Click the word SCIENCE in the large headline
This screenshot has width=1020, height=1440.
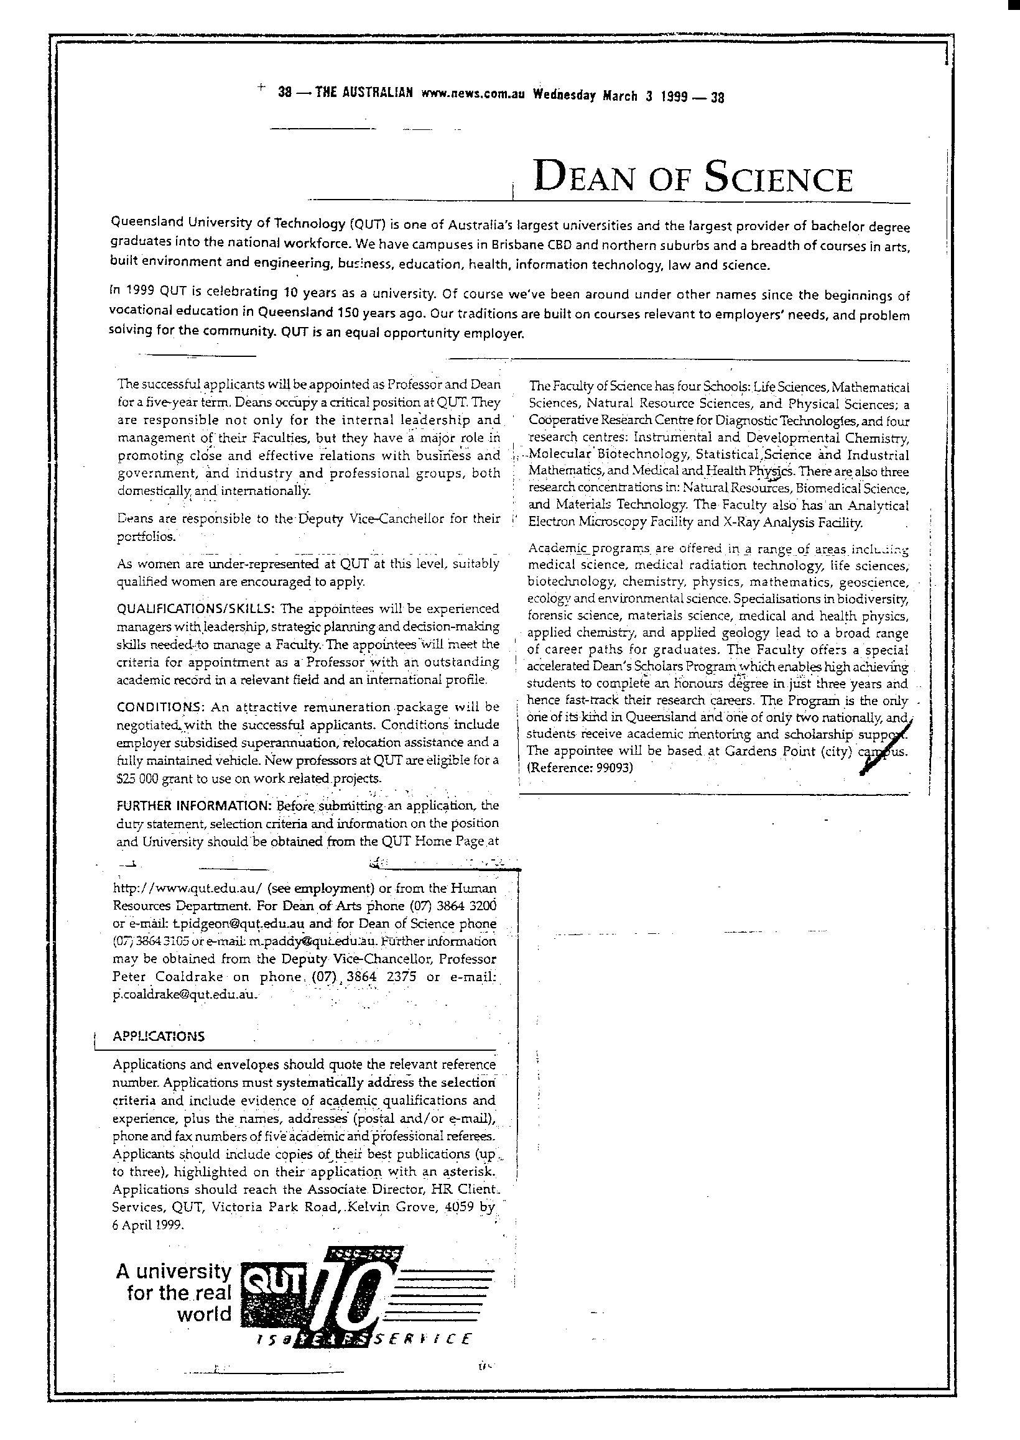coord(778,178)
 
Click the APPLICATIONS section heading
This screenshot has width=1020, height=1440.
coord(158,1036)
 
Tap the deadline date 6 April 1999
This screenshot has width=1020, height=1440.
coord(148,1225)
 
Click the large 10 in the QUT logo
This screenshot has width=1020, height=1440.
coord(353,1299)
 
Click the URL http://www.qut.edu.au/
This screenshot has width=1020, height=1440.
coord(188,889)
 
